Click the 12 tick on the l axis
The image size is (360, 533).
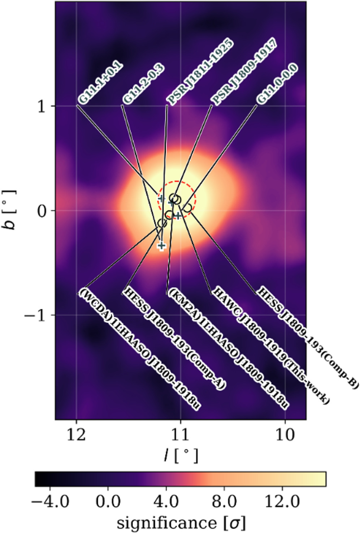(77, 434)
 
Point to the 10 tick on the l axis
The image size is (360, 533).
(285, 434)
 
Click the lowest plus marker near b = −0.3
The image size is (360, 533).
(161, 246)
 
